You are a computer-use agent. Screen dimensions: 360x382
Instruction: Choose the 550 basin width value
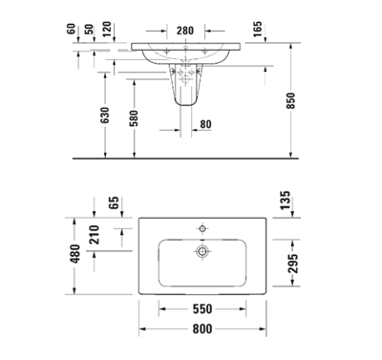[x=202, y=309]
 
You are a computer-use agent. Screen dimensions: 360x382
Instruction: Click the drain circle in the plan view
[x=202, y=251]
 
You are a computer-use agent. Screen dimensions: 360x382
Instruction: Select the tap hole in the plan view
[x=202, y=229]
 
